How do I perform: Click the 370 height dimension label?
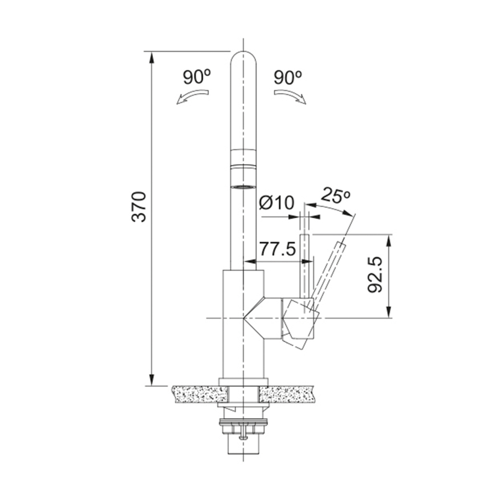point(139,206)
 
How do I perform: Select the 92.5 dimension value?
point(375,275)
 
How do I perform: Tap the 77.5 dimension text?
point(278,249)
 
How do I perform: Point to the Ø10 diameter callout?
point(276,203)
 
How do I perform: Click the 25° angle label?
point(335,196)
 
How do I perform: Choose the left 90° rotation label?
point(197,77)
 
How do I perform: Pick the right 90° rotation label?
point(287,77)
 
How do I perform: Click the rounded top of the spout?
point(244,57)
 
